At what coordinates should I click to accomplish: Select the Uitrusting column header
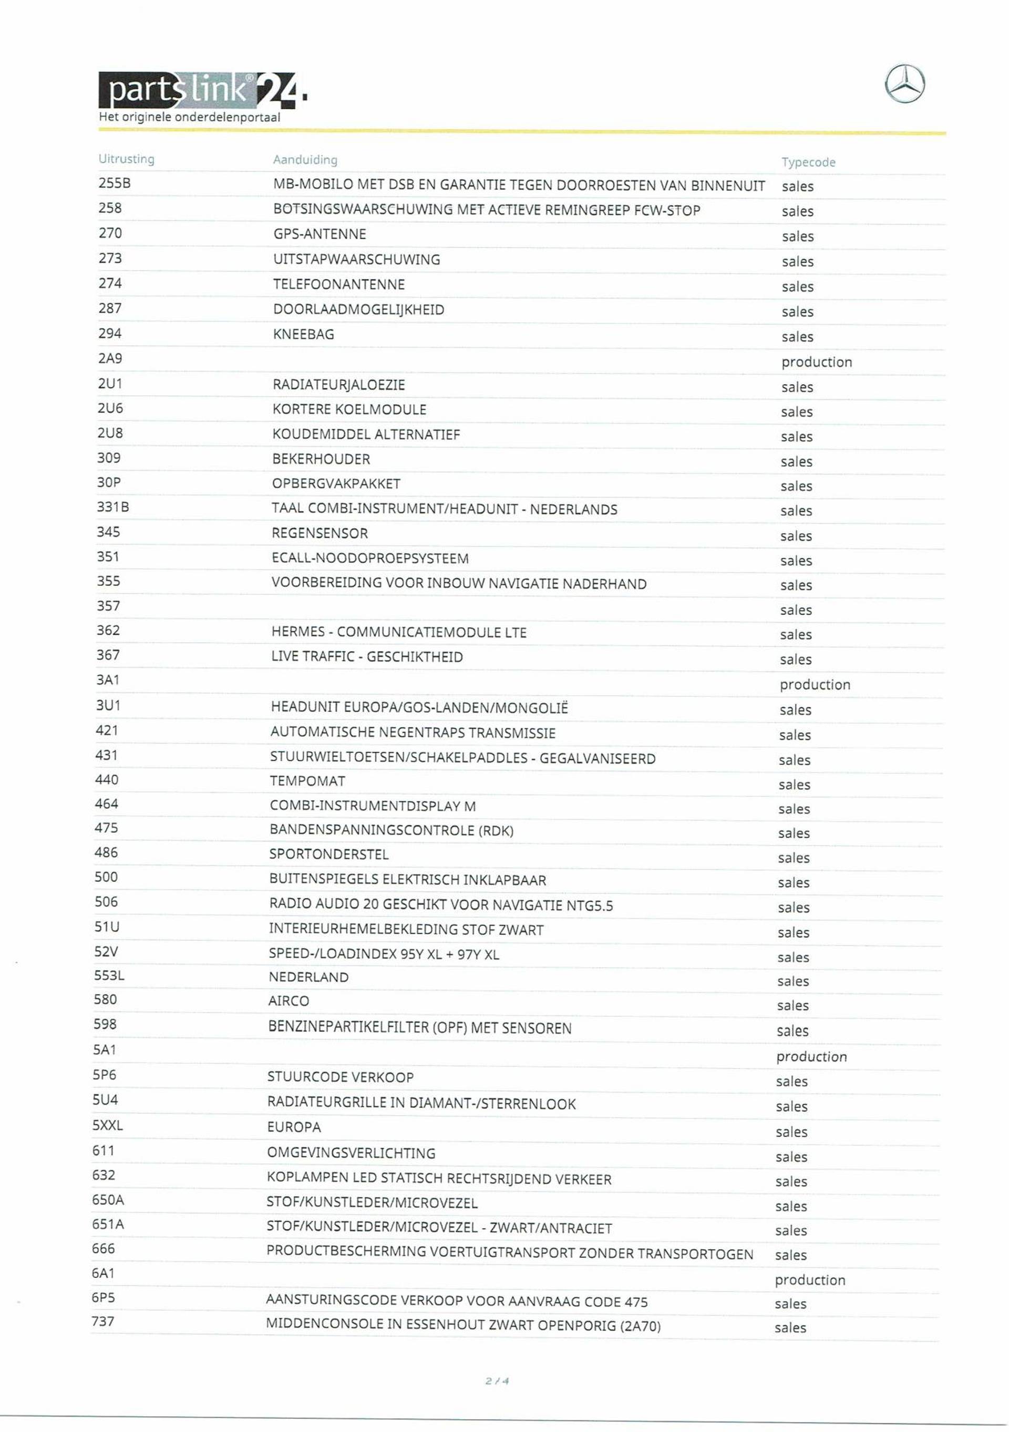(x=126, y=159)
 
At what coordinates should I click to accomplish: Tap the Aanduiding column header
(x=305, y=160)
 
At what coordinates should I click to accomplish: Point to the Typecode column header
(x=808, y=162)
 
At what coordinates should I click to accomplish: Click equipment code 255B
(x=114, y=183)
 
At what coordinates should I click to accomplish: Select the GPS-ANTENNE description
(x=320, y=234)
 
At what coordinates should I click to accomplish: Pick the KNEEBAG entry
(x=303, y=334)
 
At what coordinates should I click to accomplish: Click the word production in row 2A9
(x=816, y=363)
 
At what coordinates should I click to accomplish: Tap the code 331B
(x=112, y=507)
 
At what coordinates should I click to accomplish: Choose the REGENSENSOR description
(x=320, y=533)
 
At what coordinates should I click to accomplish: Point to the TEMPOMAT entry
(x=307, y=781)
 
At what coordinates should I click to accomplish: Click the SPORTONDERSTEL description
(x=328, y=854)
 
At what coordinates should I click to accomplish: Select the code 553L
(x=109, y=975)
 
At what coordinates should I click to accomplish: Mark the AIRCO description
(x=288, y=1001)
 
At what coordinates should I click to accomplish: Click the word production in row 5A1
(x=811, y=1057)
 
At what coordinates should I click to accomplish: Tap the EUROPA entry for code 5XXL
(x=294, y=1127)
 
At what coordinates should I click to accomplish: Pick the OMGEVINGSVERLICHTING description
(x=351, y=1152)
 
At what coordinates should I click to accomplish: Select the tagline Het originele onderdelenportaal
(x=189, y=117)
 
